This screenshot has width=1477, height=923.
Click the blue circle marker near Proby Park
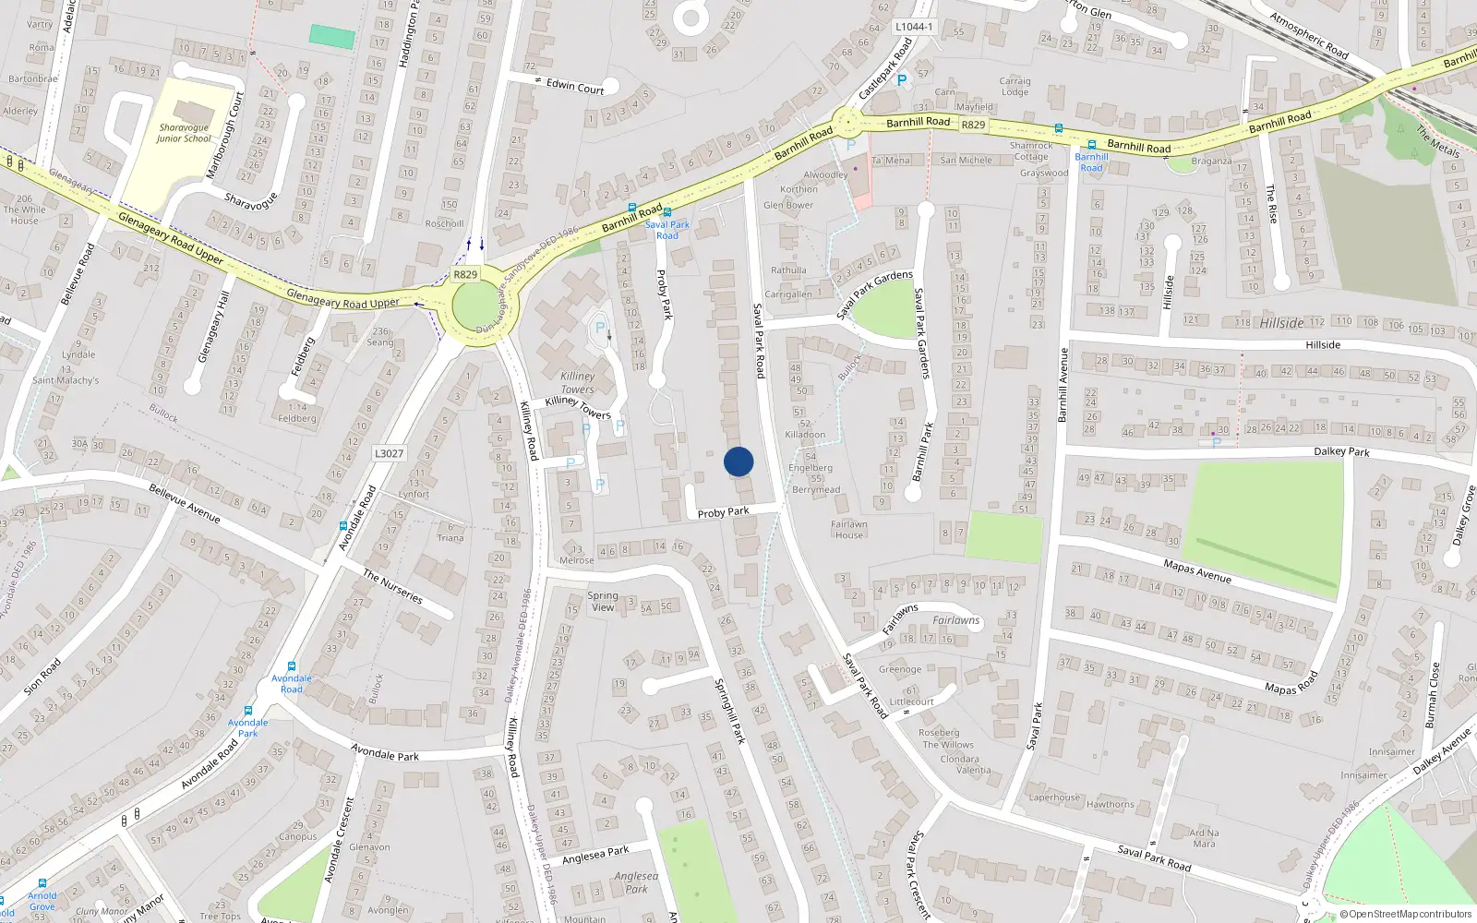tap(738, 461)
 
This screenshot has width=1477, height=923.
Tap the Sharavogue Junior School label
tap(184, 133)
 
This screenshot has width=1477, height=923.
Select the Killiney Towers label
tap(577, 382)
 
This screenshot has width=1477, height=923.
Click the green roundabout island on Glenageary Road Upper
tap(474, 306)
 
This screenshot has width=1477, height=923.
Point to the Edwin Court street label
tap(574, 87)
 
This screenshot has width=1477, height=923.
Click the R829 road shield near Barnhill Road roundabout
tap(973, 125)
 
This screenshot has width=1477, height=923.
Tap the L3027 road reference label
tap(389, 453)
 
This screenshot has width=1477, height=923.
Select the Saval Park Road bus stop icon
tap(666, 213)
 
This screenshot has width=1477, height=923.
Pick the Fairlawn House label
tap(848, 530)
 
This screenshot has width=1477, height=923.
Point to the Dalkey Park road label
tap(1341, 451)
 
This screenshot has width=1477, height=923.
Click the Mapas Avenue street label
tap(1196, 571)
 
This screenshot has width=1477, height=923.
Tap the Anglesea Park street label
tap(595, 855)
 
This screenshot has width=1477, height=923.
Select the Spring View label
tap(603, 601)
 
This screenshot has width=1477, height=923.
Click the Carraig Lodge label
tap(1015, 86)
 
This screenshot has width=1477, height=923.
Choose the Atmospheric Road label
tap(1308, 35)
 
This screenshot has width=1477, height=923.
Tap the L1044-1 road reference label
tap(914, 27)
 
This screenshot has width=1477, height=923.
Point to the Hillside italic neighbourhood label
tap(1281, 323)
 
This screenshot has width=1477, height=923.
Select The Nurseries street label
tap(392, 586)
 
